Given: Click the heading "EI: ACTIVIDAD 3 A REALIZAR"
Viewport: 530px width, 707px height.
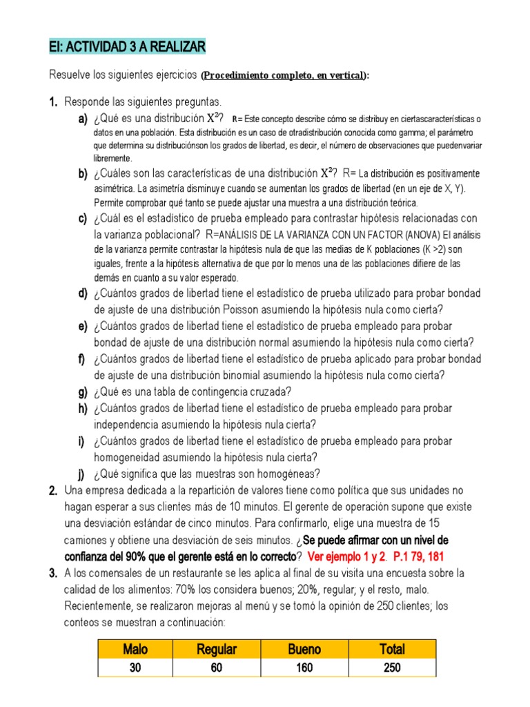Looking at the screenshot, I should [127, 47].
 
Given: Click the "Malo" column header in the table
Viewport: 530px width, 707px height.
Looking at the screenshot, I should [135, 649].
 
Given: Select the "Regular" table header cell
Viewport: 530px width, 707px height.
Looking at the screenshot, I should [217, 649].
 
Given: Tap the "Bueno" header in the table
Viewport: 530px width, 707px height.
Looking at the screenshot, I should [304, 649].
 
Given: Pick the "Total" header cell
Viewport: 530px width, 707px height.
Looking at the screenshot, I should [392, 649].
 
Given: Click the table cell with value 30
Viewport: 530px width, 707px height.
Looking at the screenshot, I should [135, 668].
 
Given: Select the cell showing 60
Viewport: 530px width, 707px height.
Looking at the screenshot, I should [217, 668].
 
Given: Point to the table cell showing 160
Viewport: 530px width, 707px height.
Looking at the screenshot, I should [304, 668].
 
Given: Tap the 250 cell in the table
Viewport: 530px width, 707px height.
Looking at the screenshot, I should [392, 668].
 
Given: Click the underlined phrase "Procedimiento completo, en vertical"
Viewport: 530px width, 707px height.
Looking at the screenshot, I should [284, 75].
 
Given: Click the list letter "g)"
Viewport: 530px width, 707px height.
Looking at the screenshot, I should [82, 392].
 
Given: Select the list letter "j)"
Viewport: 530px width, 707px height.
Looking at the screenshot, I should [82, 474].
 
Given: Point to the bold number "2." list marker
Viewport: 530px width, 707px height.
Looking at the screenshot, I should [53, 491].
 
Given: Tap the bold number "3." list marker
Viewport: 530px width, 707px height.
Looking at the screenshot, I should [53, 573].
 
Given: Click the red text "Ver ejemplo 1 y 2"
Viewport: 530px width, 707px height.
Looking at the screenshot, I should [346, 556].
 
